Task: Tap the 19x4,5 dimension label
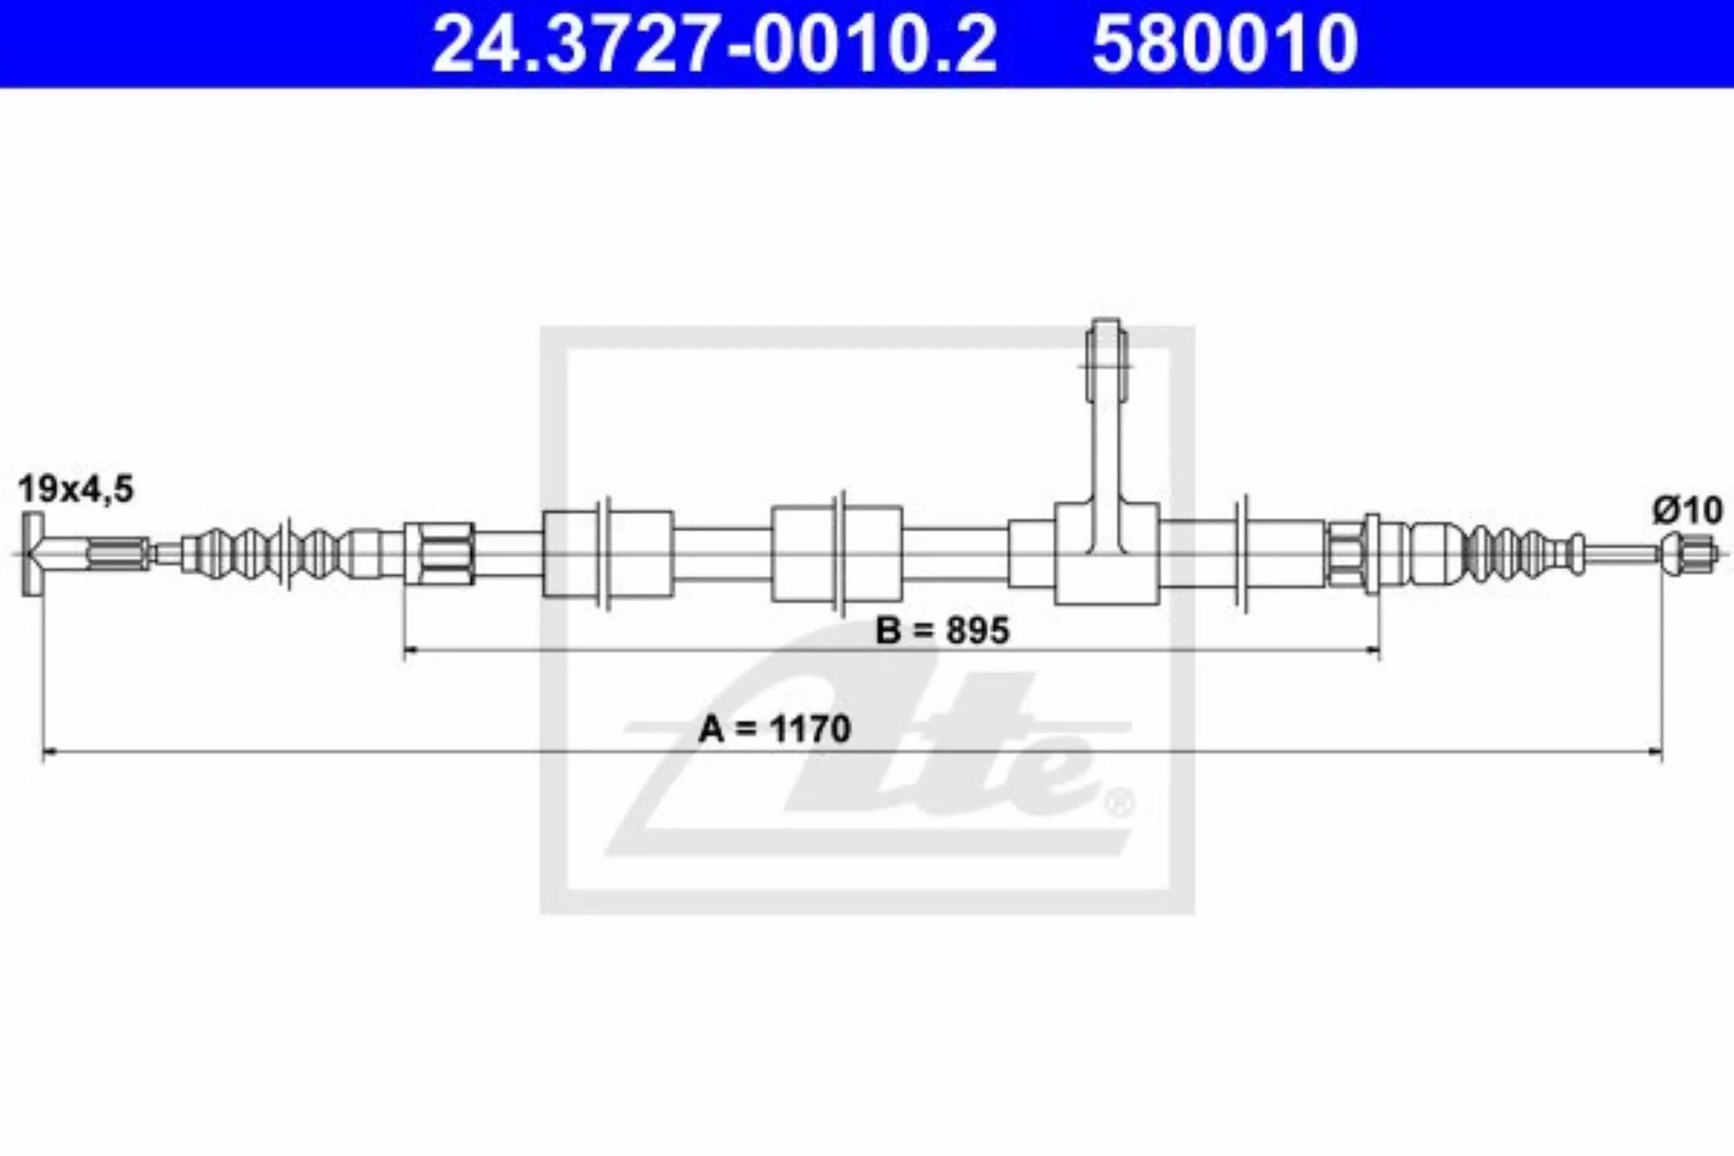click(76, 489)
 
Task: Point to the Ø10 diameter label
click(1687, 510)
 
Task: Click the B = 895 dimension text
click(942, 630)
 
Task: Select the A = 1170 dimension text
click(774, 729)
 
